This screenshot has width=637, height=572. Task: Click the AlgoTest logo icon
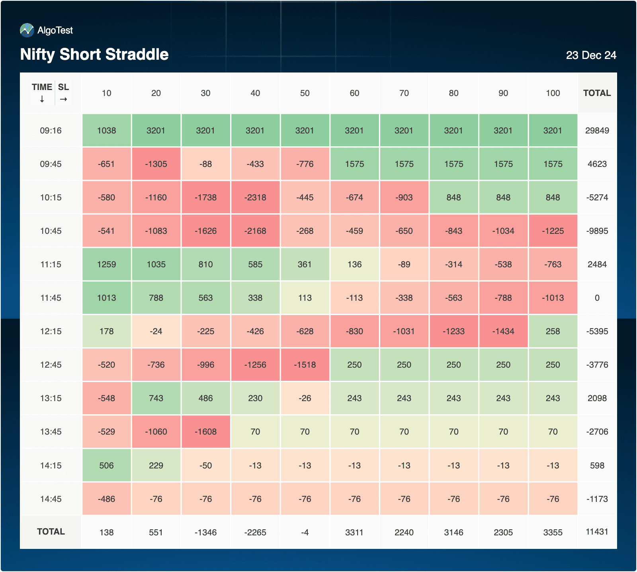click(x=27, y=30)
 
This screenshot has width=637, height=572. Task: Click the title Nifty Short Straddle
click(x=94, y=55)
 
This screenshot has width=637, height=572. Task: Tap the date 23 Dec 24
click(x=591, y=55)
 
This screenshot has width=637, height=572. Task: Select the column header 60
click(x=354, y=93)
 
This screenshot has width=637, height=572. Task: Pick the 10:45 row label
click(x=51, y=231)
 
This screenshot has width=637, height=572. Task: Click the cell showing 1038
click(x=107, y=131)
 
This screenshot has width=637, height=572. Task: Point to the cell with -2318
click(x=255, y=198)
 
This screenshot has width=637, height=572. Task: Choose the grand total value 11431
click(x=597, y=532)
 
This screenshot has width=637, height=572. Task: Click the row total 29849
click(x=597, y=131)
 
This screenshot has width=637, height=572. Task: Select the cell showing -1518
click(x=305, y=365)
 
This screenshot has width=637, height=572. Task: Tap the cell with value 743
click(x=156, y=398)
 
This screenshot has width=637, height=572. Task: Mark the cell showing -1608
click(x=206, y=432)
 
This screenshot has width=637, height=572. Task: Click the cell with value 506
click(x=107, y=466)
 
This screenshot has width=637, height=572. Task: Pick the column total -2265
click(x=255, y=533)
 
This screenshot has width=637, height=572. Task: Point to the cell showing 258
click(x=553, y=331)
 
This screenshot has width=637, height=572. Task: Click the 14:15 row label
click(x=51, y=466)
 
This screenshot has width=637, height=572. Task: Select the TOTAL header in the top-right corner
click(x=597, y=93)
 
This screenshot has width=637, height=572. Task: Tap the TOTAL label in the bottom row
click(x=51, y=532)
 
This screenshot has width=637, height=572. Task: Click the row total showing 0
click(x=597, y=298)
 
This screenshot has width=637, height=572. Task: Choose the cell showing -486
click(x=107, y=499)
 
